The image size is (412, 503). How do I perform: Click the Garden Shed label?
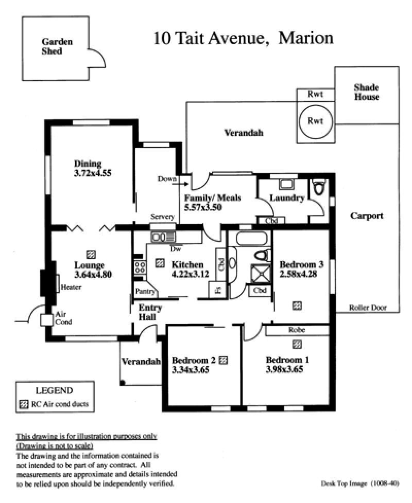point(57,46)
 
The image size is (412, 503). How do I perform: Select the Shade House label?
point(366,92)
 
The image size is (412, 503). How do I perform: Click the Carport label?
point(367,215)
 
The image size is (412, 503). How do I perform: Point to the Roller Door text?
point(368,308)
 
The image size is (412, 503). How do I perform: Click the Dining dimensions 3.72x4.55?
point(93,173)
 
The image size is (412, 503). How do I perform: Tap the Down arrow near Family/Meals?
point(182,184)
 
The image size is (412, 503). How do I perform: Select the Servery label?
point(163,217)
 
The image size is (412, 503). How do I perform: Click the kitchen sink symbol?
point(163,237)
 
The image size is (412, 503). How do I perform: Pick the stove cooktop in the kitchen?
point(140,267)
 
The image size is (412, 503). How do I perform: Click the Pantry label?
point(145,291)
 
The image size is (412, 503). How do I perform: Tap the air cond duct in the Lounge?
point(91,255)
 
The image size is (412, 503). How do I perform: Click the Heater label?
point(71,287)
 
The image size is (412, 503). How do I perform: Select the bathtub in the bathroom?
point(251,238)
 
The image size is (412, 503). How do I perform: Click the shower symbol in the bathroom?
point(261,273)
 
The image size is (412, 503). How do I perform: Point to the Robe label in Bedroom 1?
point(297,330)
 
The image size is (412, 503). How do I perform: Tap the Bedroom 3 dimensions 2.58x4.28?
point(298,274)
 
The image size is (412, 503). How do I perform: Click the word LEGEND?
point(55,390)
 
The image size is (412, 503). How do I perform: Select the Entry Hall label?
point(150,312)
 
